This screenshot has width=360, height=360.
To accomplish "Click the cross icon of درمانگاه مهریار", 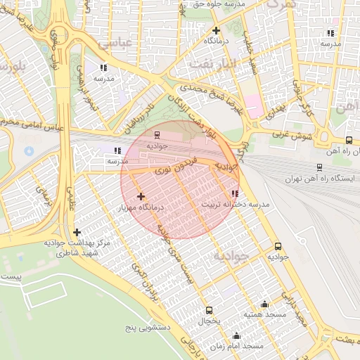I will [x=141, y=196].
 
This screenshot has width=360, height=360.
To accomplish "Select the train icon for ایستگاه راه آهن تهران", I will [x=319, y=167].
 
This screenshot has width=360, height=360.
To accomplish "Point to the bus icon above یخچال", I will [x=209, y=310].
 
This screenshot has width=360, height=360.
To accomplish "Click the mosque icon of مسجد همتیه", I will [x=264, y=304].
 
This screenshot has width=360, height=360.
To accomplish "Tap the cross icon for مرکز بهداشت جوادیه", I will [x=77, y=232].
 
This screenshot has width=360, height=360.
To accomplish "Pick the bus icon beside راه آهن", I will [x=349, y=140].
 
